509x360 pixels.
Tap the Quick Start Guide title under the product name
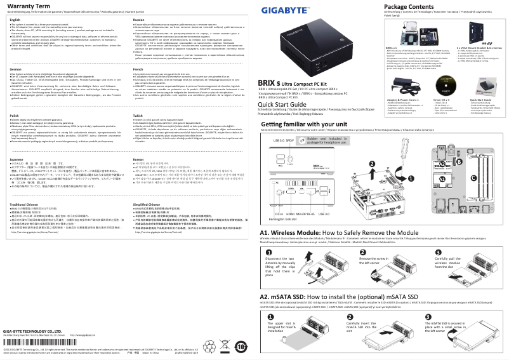(288, 104)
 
